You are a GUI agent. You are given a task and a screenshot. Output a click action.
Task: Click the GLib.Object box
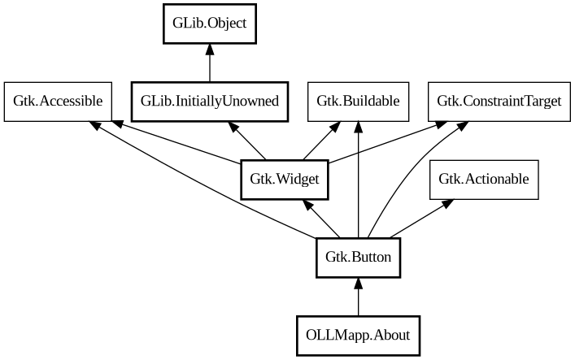(210, 24)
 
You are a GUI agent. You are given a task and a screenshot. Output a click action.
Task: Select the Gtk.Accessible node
(57, 102)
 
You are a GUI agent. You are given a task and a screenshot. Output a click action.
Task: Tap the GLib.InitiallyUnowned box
(210, 102)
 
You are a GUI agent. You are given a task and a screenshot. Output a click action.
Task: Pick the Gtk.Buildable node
(358, 102)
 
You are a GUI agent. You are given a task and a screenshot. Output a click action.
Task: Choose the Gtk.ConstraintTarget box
(499, 102)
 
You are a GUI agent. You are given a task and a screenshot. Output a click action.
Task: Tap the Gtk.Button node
(358, 258)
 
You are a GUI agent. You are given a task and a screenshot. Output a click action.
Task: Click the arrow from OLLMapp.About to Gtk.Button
(358, 297)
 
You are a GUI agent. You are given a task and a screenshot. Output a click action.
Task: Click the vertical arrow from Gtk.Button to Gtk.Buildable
(358, 187)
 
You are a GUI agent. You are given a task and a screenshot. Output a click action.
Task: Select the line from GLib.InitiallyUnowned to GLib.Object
(210, 65)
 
